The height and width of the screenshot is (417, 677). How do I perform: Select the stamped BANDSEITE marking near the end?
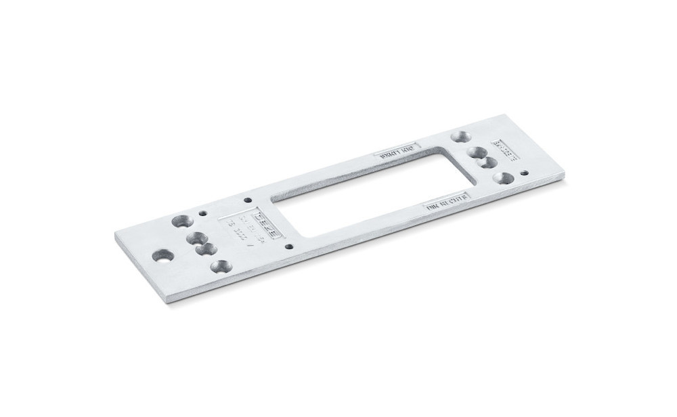[504, 150]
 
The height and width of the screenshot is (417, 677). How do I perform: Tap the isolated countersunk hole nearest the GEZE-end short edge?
[162, 256]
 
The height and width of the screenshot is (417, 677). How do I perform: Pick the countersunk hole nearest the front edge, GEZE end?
[219, 266]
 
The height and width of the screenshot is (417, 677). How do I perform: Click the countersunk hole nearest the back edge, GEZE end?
[181, 220]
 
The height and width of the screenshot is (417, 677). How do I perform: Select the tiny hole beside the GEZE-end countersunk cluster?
[202, 213]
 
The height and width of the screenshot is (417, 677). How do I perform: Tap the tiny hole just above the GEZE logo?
[248, 200]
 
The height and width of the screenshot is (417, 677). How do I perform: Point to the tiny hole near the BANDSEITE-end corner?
[525, 173]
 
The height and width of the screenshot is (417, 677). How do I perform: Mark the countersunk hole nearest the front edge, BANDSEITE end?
[503, 178]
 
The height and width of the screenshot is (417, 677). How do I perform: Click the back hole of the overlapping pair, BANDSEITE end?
[477, 153]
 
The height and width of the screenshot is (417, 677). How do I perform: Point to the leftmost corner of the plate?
[115, 233]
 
